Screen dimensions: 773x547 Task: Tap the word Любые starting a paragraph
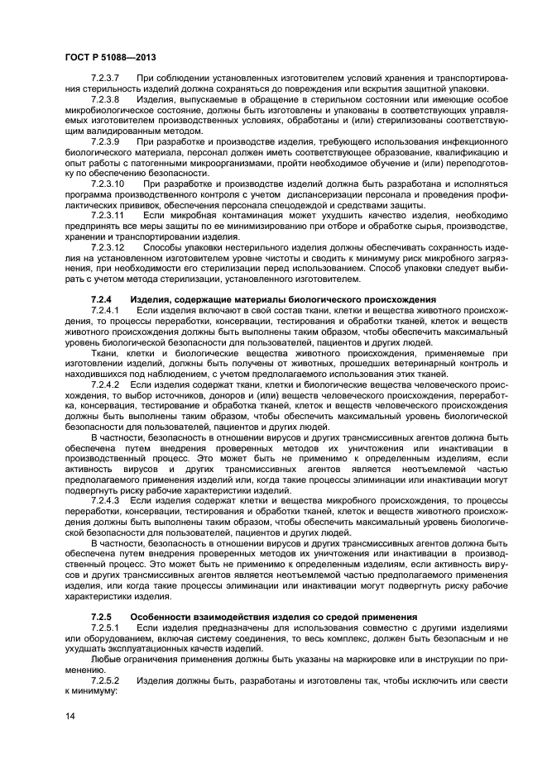[106, 660]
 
